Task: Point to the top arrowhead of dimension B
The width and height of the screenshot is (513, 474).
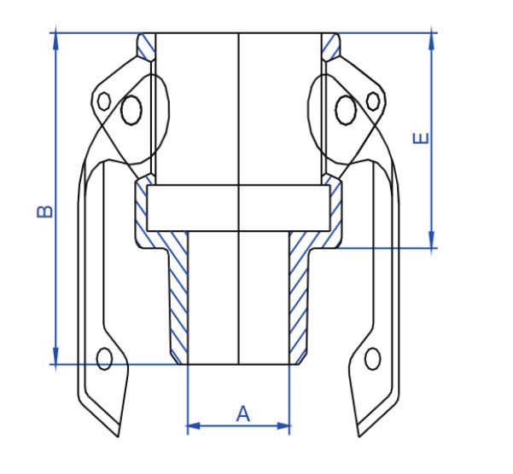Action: pyautogui.click(x=55, y=38)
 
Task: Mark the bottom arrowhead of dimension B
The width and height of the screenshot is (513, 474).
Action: pyautogui.click(x=55, y=358)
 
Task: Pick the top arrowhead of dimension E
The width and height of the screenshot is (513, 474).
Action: pyautogui.click(x=432, y=39)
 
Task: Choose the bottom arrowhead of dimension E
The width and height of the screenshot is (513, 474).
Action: pyautogui.click(x=432, y=242)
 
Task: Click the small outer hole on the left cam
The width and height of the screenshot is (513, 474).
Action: pyautogui.click(x=104, y=101)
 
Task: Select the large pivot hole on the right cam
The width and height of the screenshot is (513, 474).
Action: pyautogui.click(x=346, y=110)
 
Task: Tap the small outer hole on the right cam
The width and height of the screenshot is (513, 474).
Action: pyautogui.click(x=373, y=101)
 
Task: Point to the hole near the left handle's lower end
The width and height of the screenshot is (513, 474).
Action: pyautogui.click(x=105, y=359)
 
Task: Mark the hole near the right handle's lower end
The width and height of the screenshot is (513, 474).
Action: pyautogui.click(x=372, y=359)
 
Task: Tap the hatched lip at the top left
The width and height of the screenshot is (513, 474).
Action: pyautogui.click(x=147, y=47)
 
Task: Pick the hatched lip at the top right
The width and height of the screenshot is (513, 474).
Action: pyautogui.click(x=331, y=47)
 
